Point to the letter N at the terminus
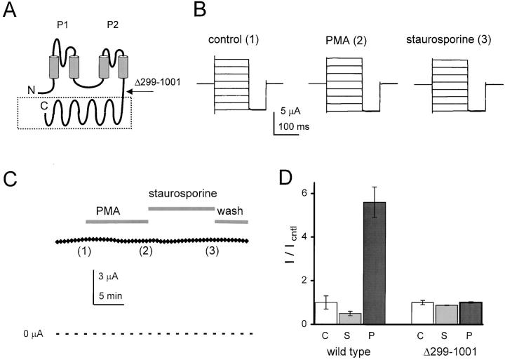pyautogui.click(x=29, y=89)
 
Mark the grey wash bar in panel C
pyautogui.click(x=231, y=222)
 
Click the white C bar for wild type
pyautogui.click(x=326, y=313)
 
